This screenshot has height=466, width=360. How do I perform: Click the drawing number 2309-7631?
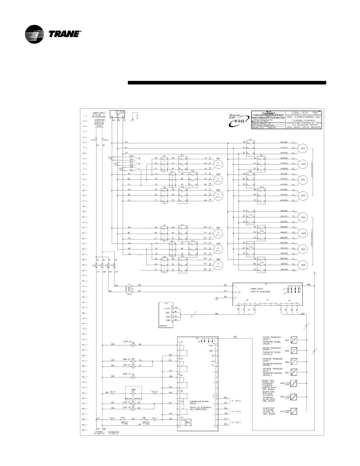pyautogui.click(x=300, y=113)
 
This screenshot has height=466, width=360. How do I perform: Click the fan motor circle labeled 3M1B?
pyautogui.click(x=218, y=179)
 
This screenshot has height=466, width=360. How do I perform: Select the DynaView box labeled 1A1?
pyautogui.click(x=166, y=314)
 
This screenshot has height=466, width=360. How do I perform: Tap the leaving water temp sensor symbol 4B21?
pyautogui.click(x=294, y=397)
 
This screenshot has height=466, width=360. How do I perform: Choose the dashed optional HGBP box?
pyautogui.click(x=134, y=393)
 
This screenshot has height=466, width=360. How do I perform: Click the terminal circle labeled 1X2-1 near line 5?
pyautogui.click(x=96, y=138)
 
